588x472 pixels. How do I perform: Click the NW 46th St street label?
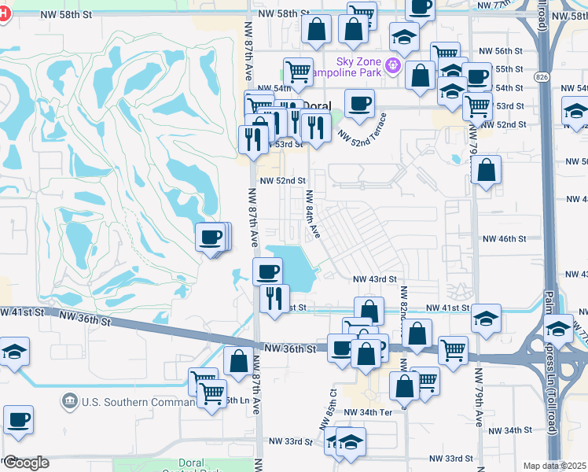tap(503, 238)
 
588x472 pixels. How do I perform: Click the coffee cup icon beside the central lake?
tap(267, 271)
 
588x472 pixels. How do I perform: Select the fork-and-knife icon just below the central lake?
tap(274, 298)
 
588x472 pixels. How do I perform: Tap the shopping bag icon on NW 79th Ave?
tap(487, 170)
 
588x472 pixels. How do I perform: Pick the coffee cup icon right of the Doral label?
tap(360, 103)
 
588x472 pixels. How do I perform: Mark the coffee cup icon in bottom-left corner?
tap(18, 419)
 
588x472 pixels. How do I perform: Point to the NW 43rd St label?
tap(374, 279)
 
